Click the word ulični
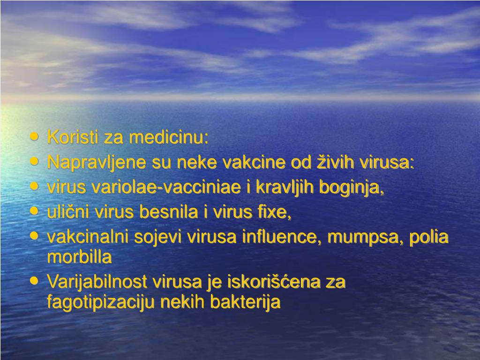tap(68, 212)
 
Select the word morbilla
tap(79, 257)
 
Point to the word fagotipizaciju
tap(101, 302)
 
